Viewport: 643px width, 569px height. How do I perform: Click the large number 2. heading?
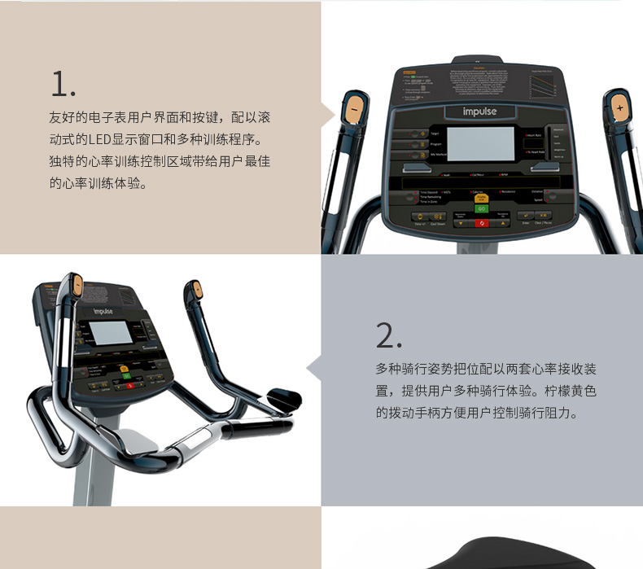coord(388,335)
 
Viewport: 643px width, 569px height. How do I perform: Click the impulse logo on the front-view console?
coord(479,112)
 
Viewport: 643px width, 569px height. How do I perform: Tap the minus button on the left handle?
coord(354,107)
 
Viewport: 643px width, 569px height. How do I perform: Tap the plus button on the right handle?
coord(619,107)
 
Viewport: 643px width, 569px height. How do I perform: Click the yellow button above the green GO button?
coord(481,198)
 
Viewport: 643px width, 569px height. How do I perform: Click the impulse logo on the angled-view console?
coord(103,309)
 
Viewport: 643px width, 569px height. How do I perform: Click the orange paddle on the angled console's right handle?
coord(194,288)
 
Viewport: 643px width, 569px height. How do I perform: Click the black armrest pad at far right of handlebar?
coord(284,400)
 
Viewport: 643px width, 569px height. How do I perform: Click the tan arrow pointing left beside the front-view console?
coord(328,116)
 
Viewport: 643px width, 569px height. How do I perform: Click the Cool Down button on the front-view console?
coord(438,217)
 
